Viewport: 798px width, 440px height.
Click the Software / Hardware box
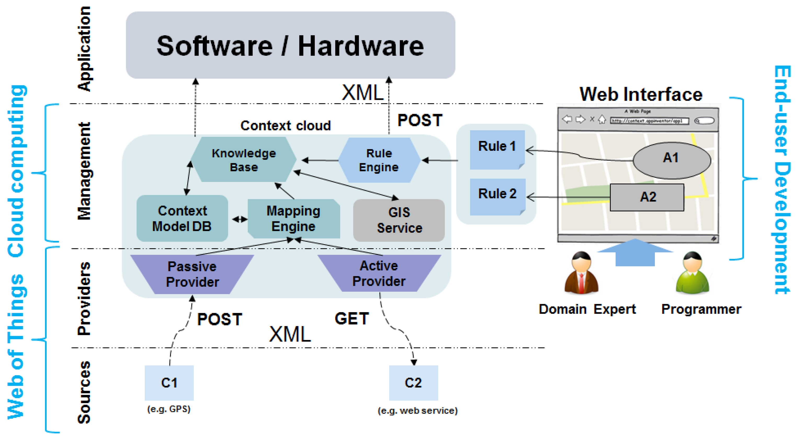tap(290, 45)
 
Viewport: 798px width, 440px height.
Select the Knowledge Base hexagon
tap(244, 160)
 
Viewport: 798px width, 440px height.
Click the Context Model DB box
tap(182, 218)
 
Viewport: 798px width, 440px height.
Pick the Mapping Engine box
tap(293, 218)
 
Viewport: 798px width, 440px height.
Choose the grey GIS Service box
tap(399, 220)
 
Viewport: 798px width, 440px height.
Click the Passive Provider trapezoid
tap(192, 274)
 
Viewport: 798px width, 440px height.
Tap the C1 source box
tap(169, 383)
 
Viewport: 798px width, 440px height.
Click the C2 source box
tap(413, 383)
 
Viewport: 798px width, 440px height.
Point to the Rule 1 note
tap(497, 149)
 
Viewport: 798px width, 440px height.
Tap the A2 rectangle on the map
tap(647, 197)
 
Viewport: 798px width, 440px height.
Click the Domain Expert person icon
tap(581, 273)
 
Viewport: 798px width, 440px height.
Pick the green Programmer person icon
tap(692, 273)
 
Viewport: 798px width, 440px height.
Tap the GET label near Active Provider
tap(352, 319)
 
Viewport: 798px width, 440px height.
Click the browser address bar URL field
tap(649, 121)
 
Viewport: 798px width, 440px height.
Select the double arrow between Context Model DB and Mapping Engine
tap(240, 220)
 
